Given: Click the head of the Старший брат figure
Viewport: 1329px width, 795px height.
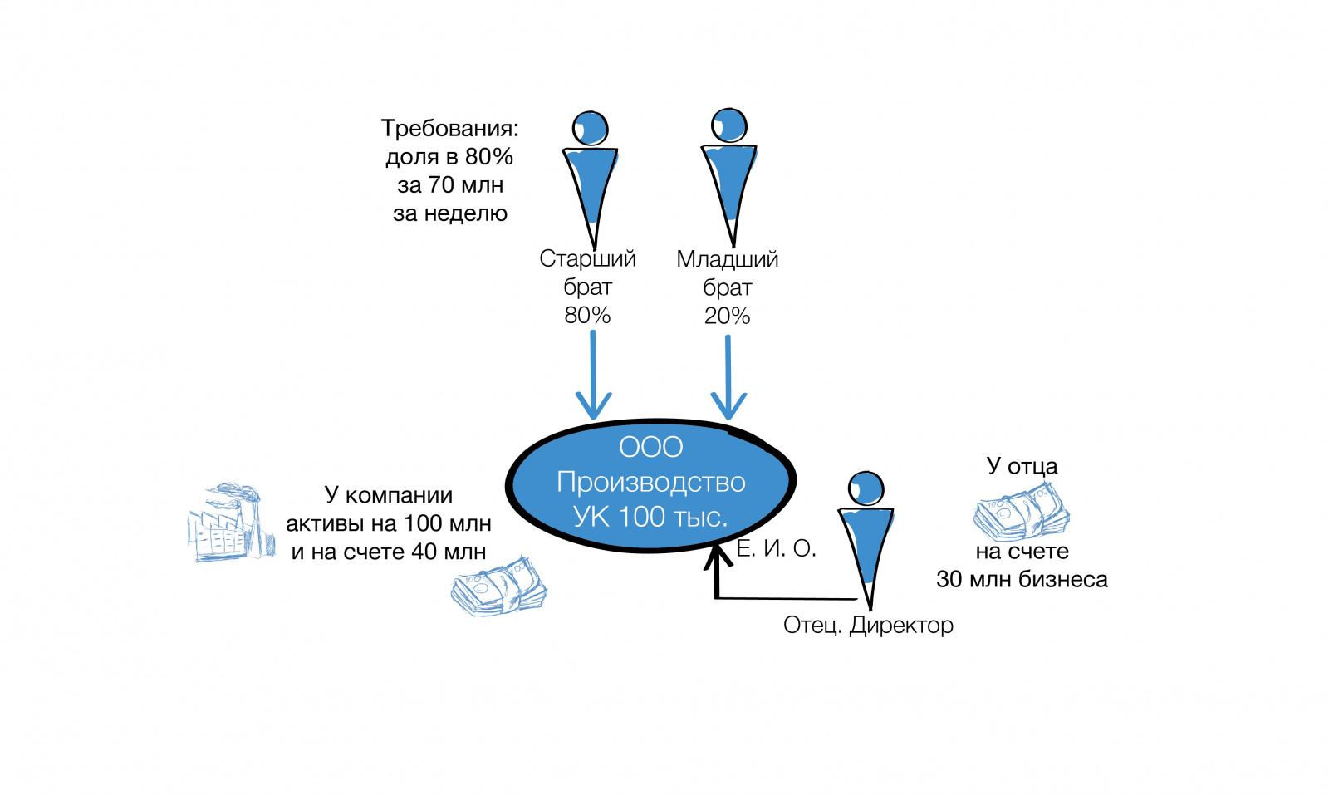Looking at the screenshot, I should pos(591,129).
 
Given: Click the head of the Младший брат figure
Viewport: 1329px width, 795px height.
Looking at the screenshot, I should pos(729,125).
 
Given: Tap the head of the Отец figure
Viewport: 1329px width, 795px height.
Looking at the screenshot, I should pos(866,488).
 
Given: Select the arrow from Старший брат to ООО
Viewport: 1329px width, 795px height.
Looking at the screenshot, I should pos(593,374).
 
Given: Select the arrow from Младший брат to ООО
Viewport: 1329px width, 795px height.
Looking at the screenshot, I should pos(728,374).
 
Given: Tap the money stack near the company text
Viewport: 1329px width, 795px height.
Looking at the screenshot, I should pos(499,586).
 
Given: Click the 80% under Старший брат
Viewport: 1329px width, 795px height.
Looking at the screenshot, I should pos(587,316).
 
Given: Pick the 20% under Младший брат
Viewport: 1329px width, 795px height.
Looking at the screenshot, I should pos(727,316).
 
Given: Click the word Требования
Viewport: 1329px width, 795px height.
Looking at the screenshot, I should pos(449,129).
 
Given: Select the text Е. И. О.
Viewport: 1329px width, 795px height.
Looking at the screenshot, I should pos(777,548).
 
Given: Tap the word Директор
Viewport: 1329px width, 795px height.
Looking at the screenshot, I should pos(901,625).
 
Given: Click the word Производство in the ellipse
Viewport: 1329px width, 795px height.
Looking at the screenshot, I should pos(650,482).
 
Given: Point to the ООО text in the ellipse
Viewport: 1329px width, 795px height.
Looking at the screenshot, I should pos(650,447).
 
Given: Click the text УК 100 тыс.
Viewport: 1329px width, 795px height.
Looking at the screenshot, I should pos(650,517).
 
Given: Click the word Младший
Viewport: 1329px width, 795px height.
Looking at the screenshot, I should pos(727,259).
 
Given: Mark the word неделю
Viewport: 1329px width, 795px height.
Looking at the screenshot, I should pos(465,213).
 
